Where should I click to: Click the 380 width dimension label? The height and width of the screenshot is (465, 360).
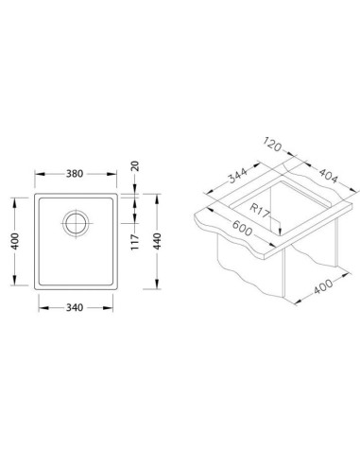[75, 174]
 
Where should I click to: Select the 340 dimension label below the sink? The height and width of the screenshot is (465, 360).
[75, 307]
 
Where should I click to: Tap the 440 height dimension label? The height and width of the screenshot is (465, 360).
[157, 241]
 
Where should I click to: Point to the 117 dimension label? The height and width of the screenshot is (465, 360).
[135, 242]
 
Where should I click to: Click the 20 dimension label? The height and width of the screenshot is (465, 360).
[135, 166]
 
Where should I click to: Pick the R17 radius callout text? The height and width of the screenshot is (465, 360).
[260, 210]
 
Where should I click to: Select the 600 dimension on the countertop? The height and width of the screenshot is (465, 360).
[242, 228]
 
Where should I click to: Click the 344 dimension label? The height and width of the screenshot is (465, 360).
[238, 175]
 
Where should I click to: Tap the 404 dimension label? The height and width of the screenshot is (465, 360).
[328, 176]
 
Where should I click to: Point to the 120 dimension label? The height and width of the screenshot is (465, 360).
[272, 145]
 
